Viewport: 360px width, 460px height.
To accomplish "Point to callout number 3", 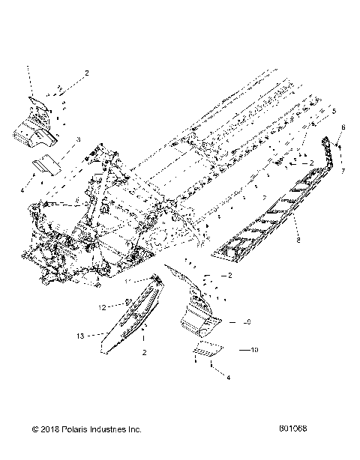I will [x=78, y=140].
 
